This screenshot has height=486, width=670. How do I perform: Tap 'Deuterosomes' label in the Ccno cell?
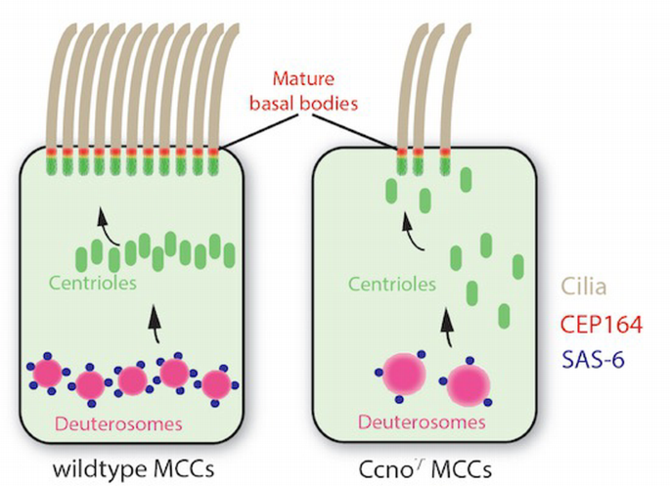tap(423, 422)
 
